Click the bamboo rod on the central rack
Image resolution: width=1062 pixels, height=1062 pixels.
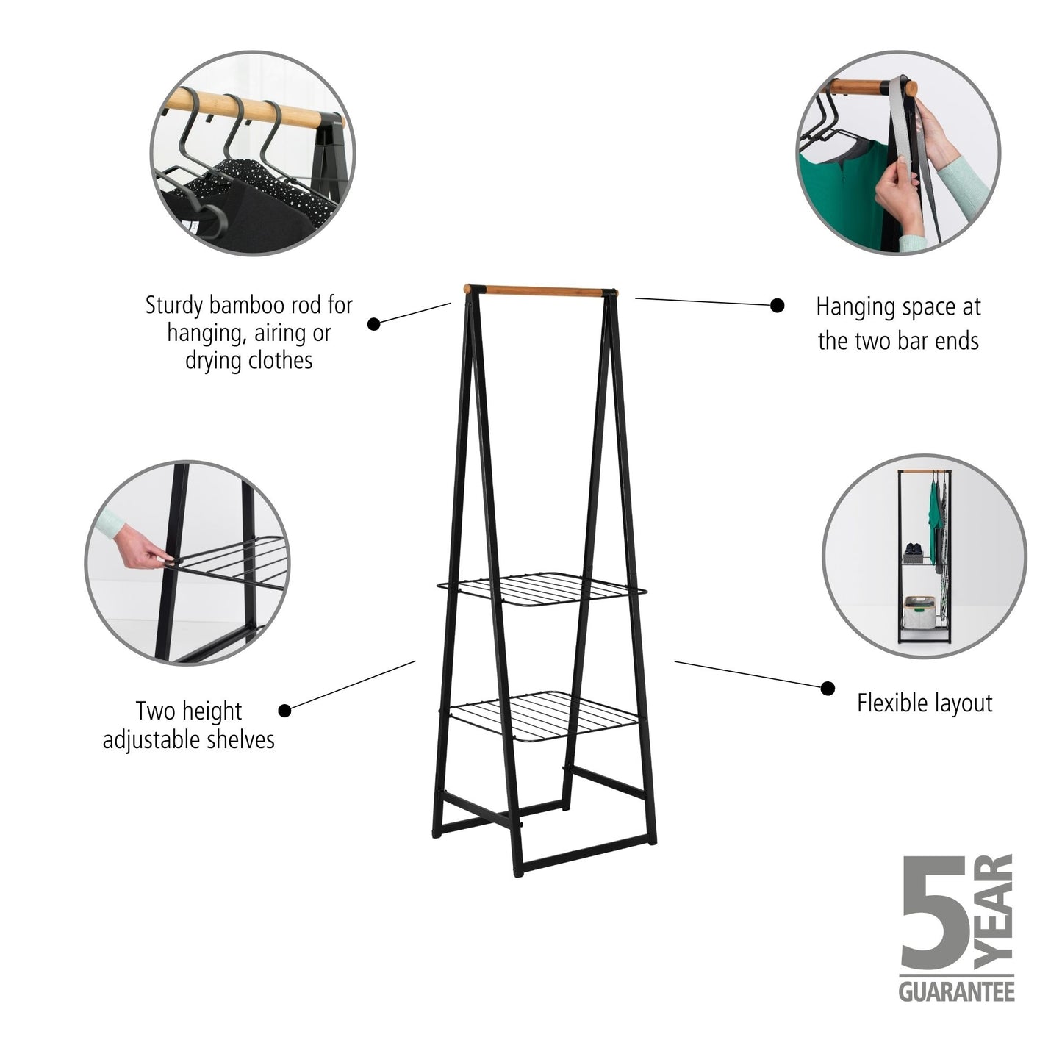click(x=540, y=290)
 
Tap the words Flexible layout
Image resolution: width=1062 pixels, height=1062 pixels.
click(x=924, y=703)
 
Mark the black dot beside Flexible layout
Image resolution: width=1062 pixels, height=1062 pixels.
click(x=828, y=688)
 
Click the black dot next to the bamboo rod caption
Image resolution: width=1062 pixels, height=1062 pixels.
click(x=374, y=323)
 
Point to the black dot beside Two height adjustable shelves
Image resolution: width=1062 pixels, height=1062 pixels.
click(x=285, y=710)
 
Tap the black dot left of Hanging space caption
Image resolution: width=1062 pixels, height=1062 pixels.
click(x=777, y=305)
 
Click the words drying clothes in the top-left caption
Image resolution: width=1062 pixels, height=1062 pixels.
click(x=248, y=360)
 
